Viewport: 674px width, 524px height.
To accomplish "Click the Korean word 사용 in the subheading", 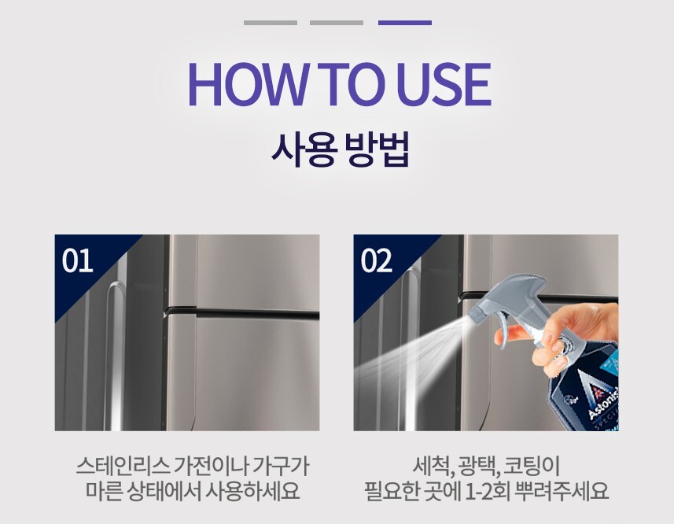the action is click(x=303, y=149).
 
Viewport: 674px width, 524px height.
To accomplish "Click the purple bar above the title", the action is click(x=405, y=23).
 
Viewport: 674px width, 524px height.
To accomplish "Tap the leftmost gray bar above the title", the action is click(x=271, y=23).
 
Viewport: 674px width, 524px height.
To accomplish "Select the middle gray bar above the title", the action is click(x=337, y=23).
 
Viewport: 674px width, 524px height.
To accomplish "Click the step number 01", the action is click(x=77, y=260).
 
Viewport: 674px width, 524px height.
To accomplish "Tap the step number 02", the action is click(x=377, y=260).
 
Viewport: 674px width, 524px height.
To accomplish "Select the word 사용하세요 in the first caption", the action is click(x=252, y=491).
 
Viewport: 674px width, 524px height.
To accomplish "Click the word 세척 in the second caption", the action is click(x=433, y=466).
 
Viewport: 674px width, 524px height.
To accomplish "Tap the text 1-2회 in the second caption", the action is click(x=488, y=491).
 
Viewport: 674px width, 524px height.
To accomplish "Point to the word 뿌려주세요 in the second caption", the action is click(x=562, y=491).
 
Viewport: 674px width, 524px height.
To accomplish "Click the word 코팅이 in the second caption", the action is click(x=532, y=466).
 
